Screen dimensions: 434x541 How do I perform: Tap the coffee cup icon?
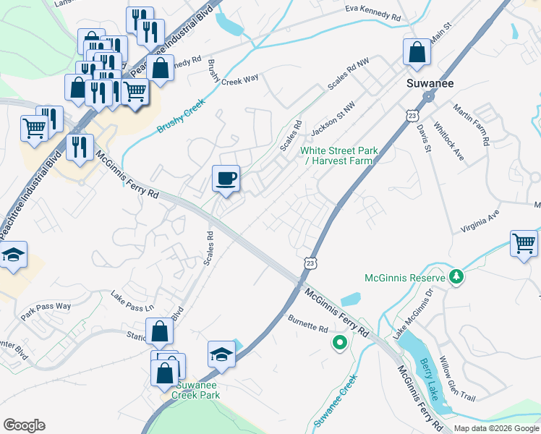(x=226, y=178)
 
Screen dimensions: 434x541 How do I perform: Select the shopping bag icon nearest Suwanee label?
(x=417, y=53)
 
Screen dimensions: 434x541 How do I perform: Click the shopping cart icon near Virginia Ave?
(x=524, y=244)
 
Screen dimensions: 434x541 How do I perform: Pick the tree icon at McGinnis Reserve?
(x=456, y=277)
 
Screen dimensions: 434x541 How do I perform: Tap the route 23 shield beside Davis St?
(x=412, y=116)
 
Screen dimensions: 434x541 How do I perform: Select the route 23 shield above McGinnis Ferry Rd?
(x=310, y=264)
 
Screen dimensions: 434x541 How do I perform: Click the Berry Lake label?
(x=428, y=378)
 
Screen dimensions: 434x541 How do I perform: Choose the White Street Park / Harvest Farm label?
(x=339, y=156)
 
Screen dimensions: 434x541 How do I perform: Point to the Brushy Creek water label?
(x=182, y=116)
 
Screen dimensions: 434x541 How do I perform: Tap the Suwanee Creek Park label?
(x=195, y=391)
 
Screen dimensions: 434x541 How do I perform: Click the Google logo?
(x=24, y=425)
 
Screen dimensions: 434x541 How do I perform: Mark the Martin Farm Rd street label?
(x=471, y=125)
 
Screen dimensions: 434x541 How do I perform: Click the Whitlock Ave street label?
(x=448, y=142)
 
